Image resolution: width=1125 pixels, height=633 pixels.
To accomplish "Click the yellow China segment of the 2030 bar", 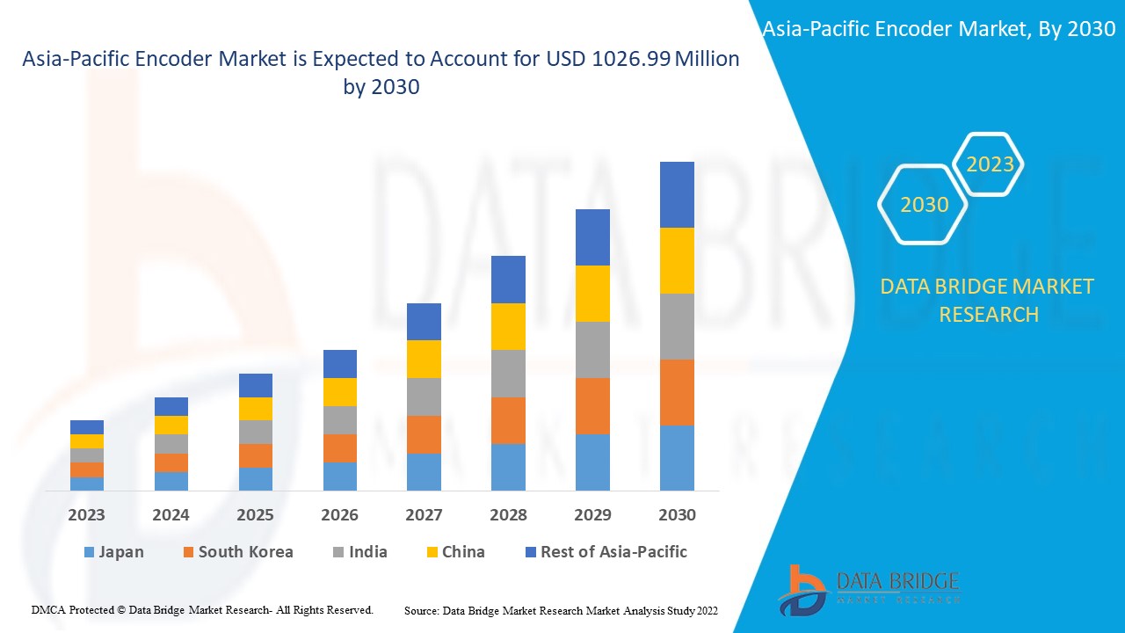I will click(677, 260).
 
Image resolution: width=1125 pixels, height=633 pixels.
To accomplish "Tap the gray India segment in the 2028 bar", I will click(508, 374).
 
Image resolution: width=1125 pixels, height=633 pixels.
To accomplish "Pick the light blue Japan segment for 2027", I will click(424, 471).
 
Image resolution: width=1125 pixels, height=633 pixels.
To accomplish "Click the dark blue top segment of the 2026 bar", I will click(340, 363).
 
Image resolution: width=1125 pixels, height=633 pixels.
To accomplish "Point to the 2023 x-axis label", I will click(86, 515).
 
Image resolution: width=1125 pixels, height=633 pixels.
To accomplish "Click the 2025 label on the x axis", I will click(255, 515).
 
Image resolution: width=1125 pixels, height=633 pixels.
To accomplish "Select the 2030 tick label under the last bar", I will click(677, 515).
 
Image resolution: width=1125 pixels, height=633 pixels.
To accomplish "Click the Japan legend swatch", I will click(89, 553).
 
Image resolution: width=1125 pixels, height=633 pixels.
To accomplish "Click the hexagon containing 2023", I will click(990, 164).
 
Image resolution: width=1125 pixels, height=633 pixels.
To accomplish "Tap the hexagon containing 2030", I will click(924, 205).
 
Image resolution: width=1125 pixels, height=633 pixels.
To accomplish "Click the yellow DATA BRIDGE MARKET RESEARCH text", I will click(988, 300).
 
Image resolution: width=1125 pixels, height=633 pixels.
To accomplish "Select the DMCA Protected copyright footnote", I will click(202, 609).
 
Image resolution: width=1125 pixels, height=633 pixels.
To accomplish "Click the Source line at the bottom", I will click(562, 609).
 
